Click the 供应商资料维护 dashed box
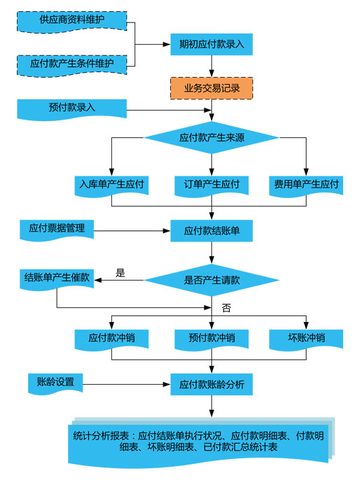[x=71, y=22]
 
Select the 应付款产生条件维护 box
[x=71, y=65]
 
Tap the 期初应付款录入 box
[x=212, y=44]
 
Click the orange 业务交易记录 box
[x=212, y=88]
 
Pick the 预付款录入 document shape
[x=71, y=109]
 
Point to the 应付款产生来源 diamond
[x=212, y=137]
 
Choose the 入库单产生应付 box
[x=111, y=186]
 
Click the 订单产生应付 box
[x=212, y=186]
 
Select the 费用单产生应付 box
[x=306, y=186]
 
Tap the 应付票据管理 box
[x=57, y=230]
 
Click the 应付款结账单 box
[x=212, y=231]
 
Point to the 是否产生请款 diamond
[x=212, y=280]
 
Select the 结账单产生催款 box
[x=57, y=279]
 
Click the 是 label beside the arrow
[x=120, y=273]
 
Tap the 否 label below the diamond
[x=226, y=308]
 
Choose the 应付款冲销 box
[x=111, y=340]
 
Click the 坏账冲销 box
[x=306, y=340]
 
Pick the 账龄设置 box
[x=55, y=383]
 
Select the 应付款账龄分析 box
[x=212, y=384]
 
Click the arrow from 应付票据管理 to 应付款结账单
[x=132, y=230]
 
